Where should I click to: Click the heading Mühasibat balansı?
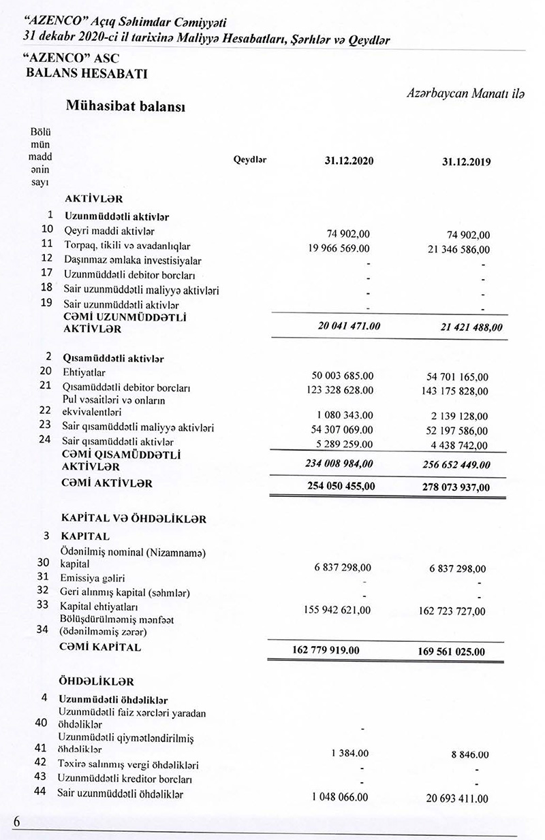(x=126, y=106)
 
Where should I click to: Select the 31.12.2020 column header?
(x=349, y=162)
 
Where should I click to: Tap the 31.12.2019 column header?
(x=466, y=163)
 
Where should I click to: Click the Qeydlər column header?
(x=250, y=161)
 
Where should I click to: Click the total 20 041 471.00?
(x=349, y=326)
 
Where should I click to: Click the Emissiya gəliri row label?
(x=87, y=578)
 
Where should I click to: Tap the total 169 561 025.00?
(x=452, y=651)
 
